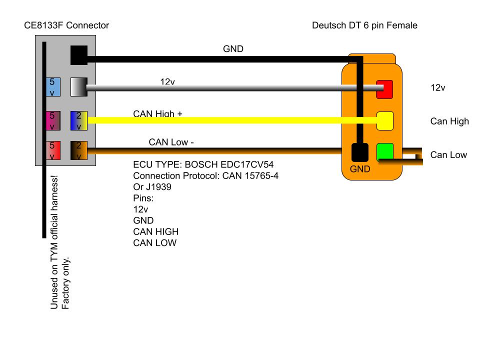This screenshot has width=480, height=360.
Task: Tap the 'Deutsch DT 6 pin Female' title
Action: pyautogui.click(x=364, y=25)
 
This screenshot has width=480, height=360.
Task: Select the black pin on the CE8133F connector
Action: pyautogui.click(x=79, y=54)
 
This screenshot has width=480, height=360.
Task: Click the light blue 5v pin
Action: pyautogui.click(x=53, y=86)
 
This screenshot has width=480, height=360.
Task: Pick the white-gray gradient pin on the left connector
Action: pyautogui.click(x=79, y=86)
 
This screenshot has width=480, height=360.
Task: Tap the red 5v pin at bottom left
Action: pyautogui.click(x=53, y=150)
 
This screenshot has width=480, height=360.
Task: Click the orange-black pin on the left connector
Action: pyautogui.click(x=79, y=150)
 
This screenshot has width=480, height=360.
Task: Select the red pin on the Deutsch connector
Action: pyautogui.click(x=384, y=89)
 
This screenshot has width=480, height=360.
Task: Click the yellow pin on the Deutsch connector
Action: pyautogui.click(x=384, y=120)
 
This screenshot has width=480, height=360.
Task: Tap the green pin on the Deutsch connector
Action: pyautogui.click(x=384, y=152)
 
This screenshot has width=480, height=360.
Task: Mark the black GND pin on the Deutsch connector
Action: pyautogui.click(x=359, y=152)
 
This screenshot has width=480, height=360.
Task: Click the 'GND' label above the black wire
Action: pyautogui.click(x=232, y=49)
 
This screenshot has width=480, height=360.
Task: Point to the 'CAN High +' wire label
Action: pyautogui.click(x=157, y=114)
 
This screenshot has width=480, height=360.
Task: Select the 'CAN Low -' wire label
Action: pyautogui.click(x=171, y=142)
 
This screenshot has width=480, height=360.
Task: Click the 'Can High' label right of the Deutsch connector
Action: pyautogui.click(x=449, y=121)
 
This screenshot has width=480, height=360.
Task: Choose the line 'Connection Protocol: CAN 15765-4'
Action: pyautogui.click(x=205, y=175)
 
